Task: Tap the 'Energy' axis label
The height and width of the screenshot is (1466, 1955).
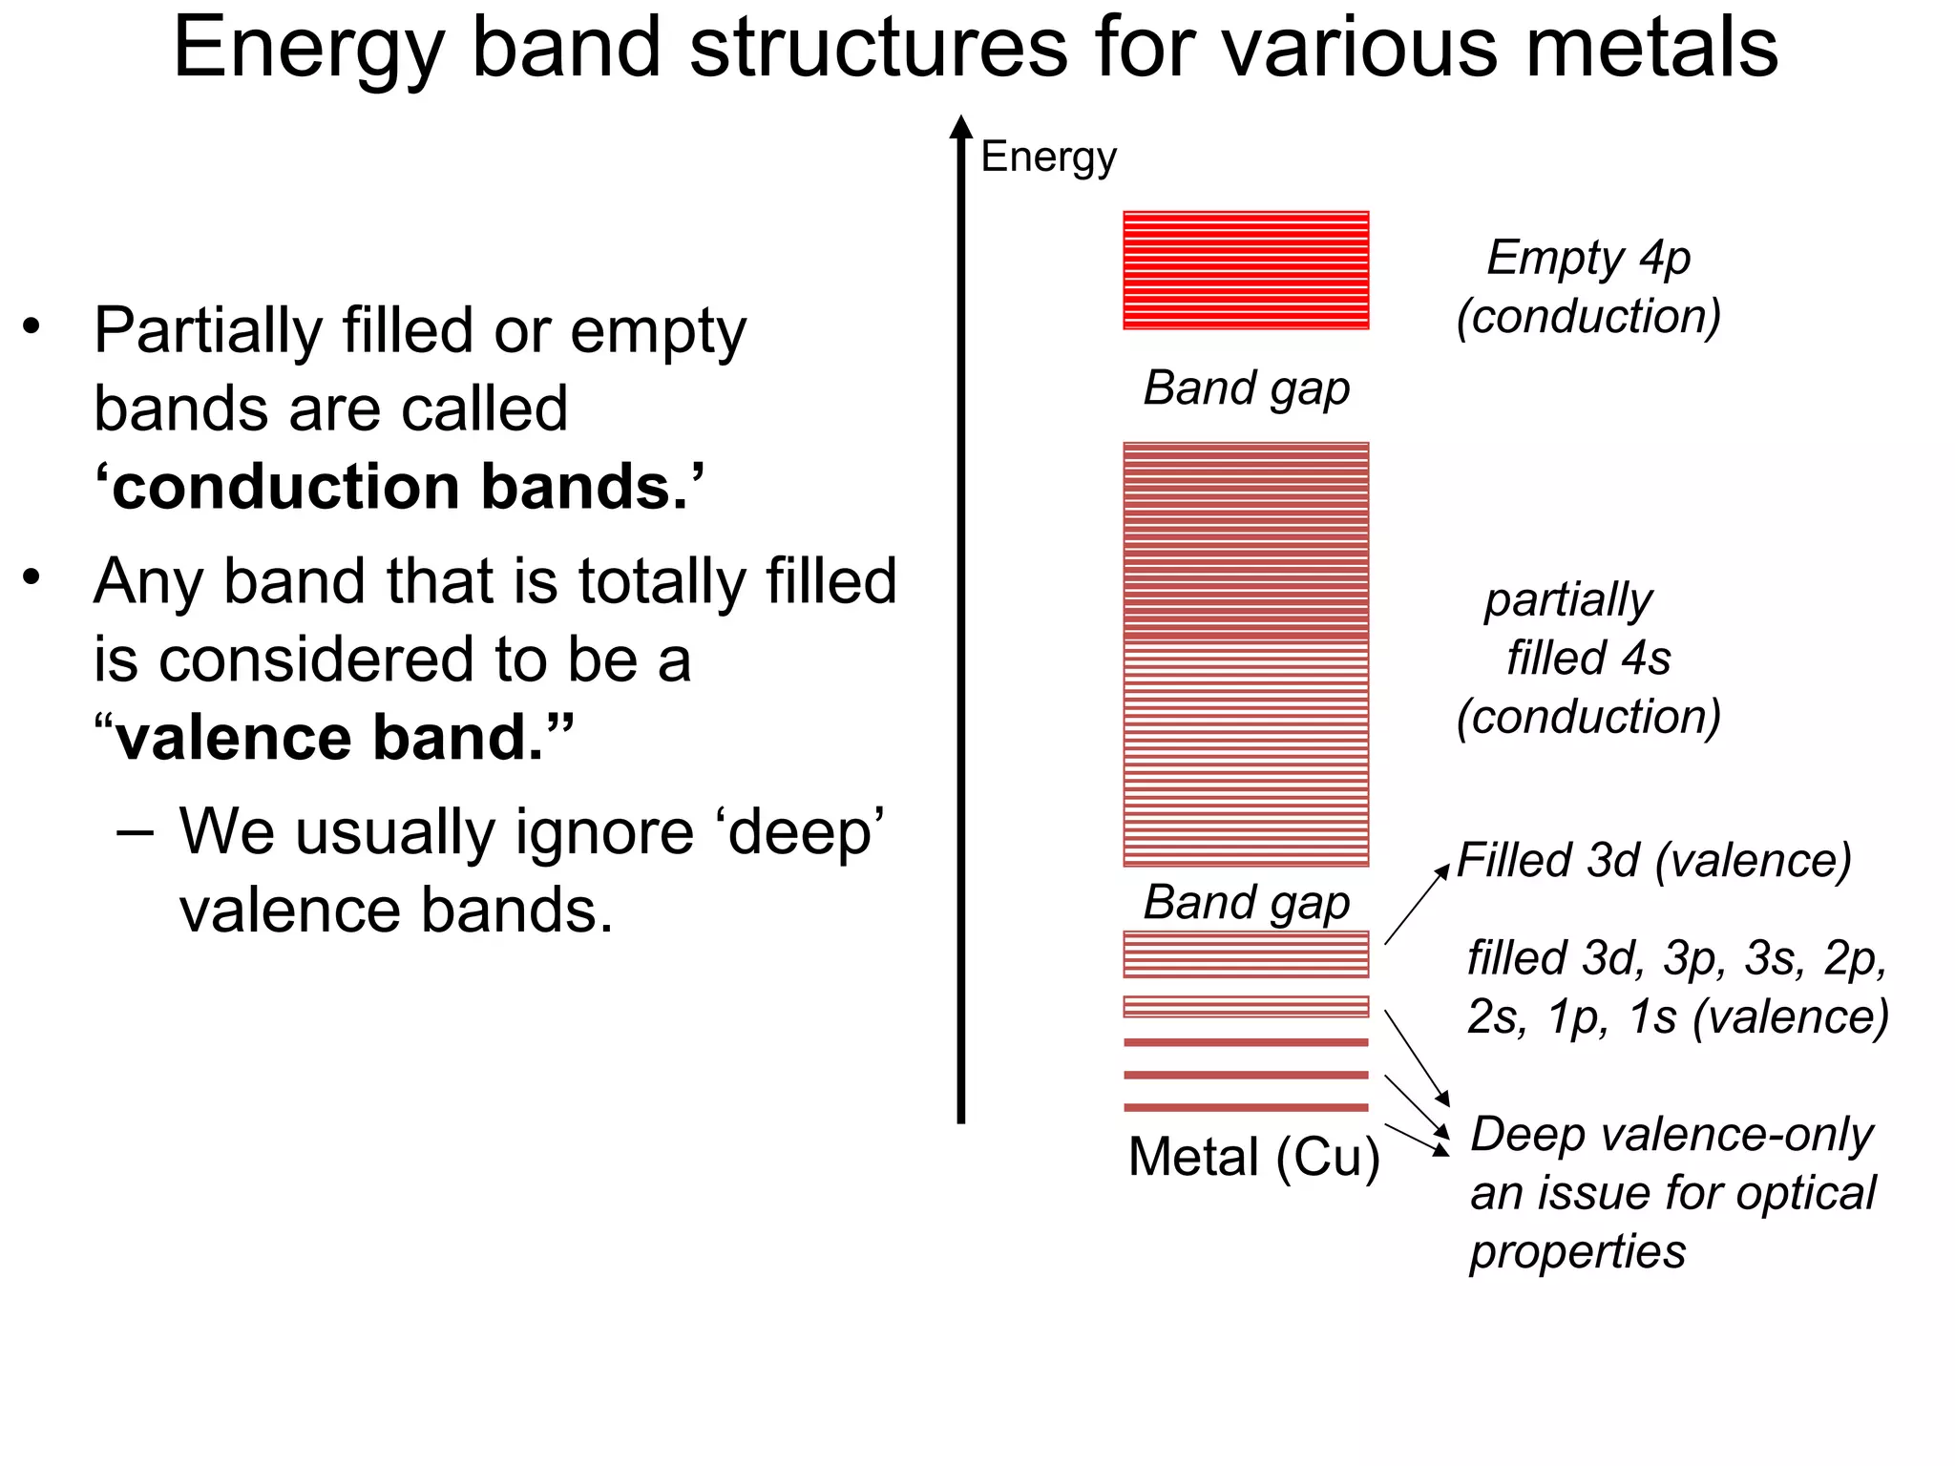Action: point(1048,157)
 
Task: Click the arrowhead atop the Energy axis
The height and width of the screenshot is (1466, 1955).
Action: point(961,127)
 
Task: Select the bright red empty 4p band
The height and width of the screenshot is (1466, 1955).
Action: point(1246,270)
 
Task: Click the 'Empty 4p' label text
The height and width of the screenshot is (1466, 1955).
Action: point(1588,259)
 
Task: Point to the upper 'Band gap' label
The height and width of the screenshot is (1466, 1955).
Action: point(1246,388)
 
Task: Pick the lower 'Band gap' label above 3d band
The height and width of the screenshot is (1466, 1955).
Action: point(1246,902)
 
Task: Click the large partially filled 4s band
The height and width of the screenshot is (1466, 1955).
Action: point(1246,654)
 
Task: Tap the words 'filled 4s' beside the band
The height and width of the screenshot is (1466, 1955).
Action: point(1588,659)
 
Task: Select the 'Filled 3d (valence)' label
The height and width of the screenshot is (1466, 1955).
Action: point(1653,860)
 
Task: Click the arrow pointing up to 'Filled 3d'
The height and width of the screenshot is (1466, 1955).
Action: point(1418,905)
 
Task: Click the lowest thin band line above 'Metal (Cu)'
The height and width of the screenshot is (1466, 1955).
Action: point(1246,1107)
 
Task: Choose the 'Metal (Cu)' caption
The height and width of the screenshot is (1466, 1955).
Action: point(1253,1158)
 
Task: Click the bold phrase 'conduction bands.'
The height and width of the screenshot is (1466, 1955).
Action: point(399,488)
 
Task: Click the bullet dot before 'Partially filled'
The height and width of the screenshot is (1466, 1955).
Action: point(32,327)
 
